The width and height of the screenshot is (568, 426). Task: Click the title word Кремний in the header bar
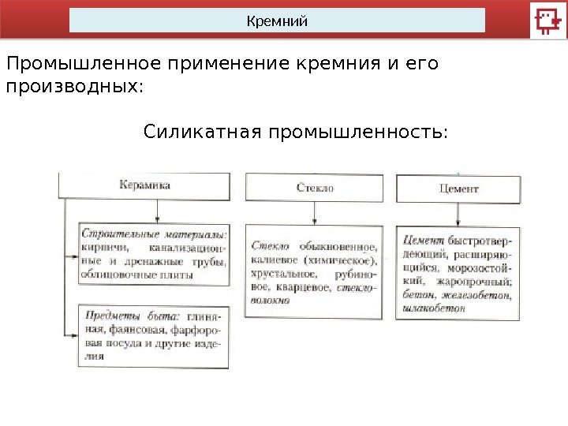tap(277, 21)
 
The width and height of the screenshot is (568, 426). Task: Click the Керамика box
tap(145, 186)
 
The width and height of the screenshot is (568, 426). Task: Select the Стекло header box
tap(316, 188)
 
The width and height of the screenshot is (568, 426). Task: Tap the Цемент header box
tap(458, 189)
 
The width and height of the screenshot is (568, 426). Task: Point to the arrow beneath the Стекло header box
tap(316, 213)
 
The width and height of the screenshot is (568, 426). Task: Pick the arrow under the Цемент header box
tap(458, 215)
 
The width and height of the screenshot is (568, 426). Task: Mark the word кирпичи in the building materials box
tap(99, 248)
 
